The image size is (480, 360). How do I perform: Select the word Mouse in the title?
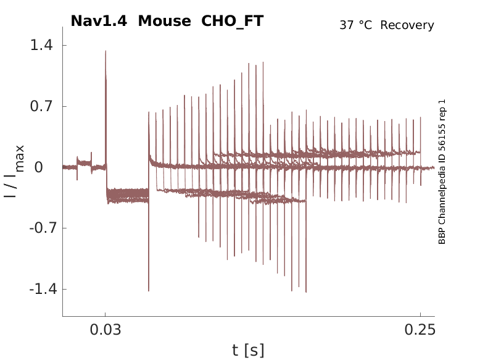point(165,21)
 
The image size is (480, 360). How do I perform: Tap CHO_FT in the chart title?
point(233,21)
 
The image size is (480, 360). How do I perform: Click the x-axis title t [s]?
point(248,351)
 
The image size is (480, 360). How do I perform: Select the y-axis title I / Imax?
point(14,171)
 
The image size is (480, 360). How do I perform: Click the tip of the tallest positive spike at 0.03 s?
point(106,51)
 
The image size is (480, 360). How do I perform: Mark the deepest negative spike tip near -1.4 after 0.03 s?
point(149,291)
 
